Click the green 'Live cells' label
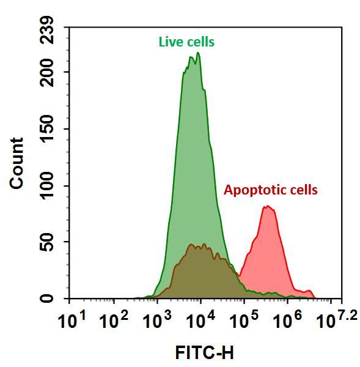(186, 42)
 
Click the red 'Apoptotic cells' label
(271, 190)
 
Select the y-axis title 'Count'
(17, 163)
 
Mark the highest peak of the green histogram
(198, 53)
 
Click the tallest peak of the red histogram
(268, 207)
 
